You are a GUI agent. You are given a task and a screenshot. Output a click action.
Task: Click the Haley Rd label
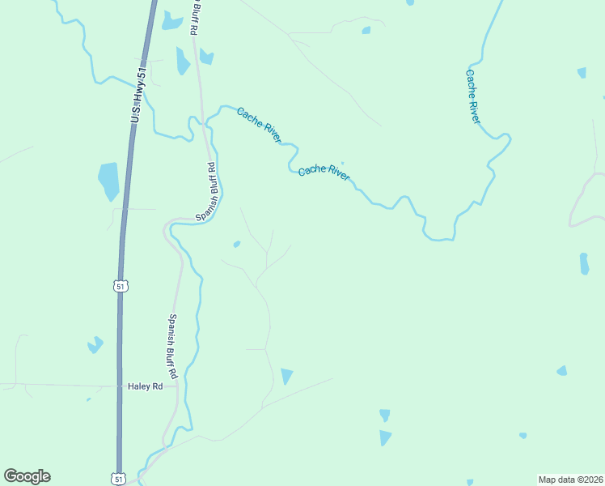click(x=146, y=386)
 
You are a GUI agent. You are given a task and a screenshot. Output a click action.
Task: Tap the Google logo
click(x=27, y=476)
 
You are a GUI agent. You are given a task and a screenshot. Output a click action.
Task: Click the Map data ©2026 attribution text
click(x=570, y=480)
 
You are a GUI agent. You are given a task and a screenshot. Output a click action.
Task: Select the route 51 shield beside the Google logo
click(x=119, y=479)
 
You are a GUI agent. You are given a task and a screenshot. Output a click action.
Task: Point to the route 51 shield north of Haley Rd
click(x=120, y=286)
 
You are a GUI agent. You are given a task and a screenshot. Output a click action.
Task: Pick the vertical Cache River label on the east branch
click(x=473, y=96)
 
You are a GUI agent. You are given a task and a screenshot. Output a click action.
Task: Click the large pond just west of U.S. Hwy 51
click(x=108, y=181)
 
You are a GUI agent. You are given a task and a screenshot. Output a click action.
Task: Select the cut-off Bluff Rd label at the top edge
click(x=194, y=16)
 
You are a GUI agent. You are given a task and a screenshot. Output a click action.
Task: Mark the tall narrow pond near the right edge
click(x=584, y=263)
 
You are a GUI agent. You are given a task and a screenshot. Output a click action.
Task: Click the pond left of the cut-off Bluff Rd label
click(x=171, y=20)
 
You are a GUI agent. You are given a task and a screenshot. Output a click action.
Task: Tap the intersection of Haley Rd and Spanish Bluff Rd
click(x=178, y=386)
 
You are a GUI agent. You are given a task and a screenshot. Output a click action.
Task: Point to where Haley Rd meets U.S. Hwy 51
click(x=120, y=386)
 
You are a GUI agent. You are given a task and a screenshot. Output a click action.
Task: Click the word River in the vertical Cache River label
click(x=476, y=110)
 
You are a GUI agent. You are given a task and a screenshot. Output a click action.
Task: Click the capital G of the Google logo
click(x=11, y=475)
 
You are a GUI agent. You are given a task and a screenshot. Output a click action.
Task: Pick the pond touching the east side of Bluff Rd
click(x=207, y=57)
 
